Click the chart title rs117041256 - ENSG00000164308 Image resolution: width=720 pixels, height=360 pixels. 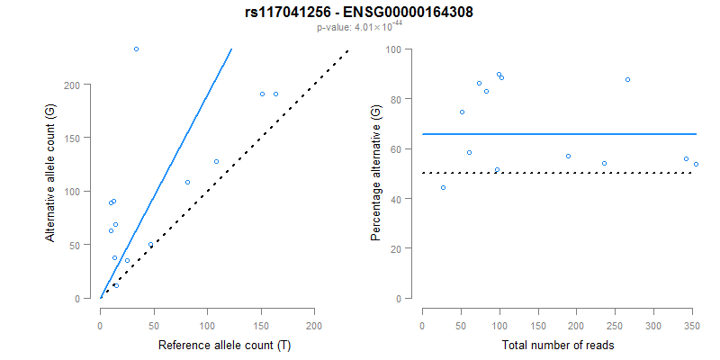[359, 13]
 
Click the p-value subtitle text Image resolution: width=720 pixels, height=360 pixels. [359, 27]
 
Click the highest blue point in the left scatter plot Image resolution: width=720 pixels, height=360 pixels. [136, 49]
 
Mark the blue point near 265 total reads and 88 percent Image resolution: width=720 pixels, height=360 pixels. [627, 79]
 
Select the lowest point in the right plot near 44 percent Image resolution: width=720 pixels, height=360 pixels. [443, 187]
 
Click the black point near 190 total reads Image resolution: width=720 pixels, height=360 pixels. [568, 156]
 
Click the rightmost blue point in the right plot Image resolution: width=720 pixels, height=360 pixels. [696, 164]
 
